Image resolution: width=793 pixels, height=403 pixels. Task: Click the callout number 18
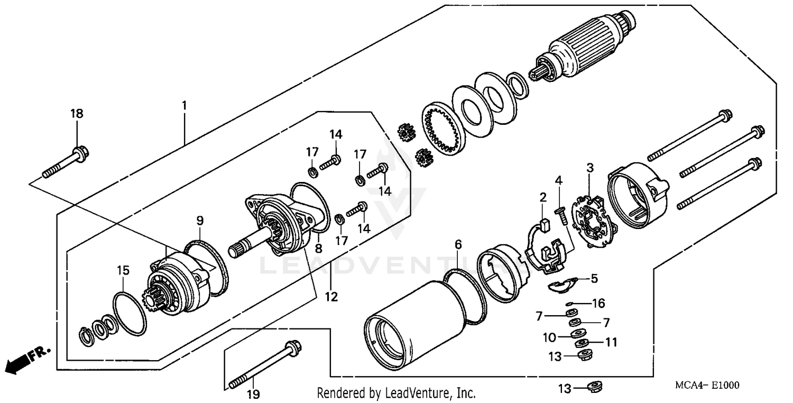77,114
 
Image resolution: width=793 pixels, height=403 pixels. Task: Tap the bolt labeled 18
66,164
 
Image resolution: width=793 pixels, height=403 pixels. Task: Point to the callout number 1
185,105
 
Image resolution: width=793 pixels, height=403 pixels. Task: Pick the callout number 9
200,220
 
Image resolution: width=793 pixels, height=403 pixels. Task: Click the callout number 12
331,297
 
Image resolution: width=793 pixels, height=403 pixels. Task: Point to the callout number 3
590,168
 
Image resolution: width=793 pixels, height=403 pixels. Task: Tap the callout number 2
542,197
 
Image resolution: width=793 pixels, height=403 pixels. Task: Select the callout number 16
598,303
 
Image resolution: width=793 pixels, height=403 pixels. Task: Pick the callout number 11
611,342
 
